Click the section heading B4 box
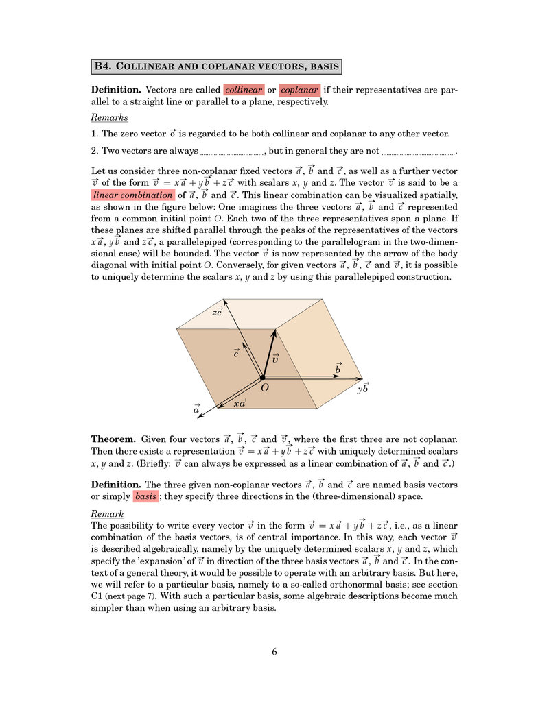pos(217,66)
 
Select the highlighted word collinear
pos(244,90)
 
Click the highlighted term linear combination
pos(133,195)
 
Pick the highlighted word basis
pos(145,496)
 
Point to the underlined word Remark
pos(107,514)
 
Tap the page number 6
pos(274,652)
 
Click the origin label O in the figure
pos(264,388)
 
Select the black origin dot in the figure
pos(261,377)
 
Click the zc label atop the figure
pos(217,313)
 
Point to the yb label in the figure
pos(363,388)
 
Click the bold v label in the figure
pos(275,358)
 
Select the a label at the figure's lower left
pos(196,409)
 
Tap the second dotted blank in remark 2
pos(418,152)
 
